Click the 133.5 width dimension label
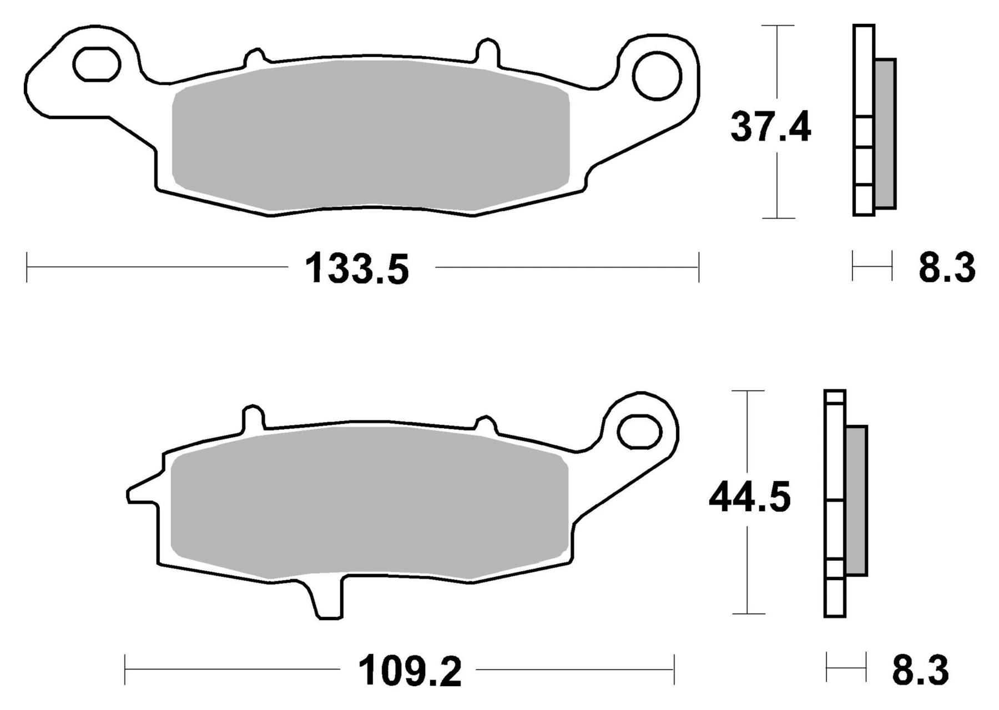pyautogui.click(x=357, y=269)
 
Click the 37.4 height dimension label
pyautogui.click(x=770, y=128)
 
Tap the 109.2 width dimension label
pyautogui.click(x=410, y=672)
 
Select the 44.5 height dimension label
pyautogui.click(x=749, y=498)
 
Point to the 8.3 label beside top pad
pyautogui.click(x=946, y=268)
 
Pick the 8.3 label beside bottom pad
pyautogui.click(x=920, y=670)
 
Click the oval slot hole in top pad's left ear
pyautogui.click(x=97, y=64)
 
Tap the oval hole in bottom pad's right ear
pyautogui.click(x=639, y=432)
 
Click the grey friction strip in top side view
pyautogui.click(x=885, y=133)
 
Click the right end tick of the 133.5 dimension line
pyautogui.click(x=698, y=267)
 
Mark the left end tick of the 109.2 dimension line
pyautogui.click(x=125, y=670)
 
